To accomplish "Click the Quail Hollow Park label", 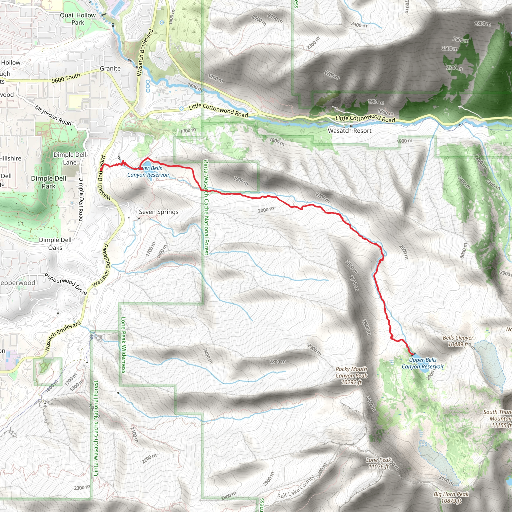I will tap(78, 19).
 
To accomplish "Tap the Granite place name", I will tap(110, 69).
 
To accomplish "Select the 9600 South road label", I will tap(66, 78).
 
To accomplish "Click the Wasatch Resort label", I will tap(349, 131).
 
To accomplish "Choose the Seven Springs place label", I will tap(159, 212).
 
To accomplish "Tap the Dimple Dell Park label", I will tap(48, 182).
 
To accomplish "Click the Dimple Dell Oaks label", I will tap(55, 244).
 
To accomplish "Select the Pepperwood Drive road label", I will tap(65, 284).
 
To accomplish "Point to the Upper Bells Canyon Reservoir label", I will tap(423, 363).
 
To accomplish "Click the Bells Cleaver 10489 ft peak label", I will tap(458, 341).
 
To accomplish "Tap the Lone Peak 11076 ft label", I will tap(378, 463).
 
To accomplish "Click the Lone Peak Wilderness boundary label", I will tap(123, 345).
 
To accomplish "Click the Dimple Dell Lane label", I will tap(70, 158).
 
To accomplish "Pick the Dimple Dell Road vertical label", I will tap(81, 199).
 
